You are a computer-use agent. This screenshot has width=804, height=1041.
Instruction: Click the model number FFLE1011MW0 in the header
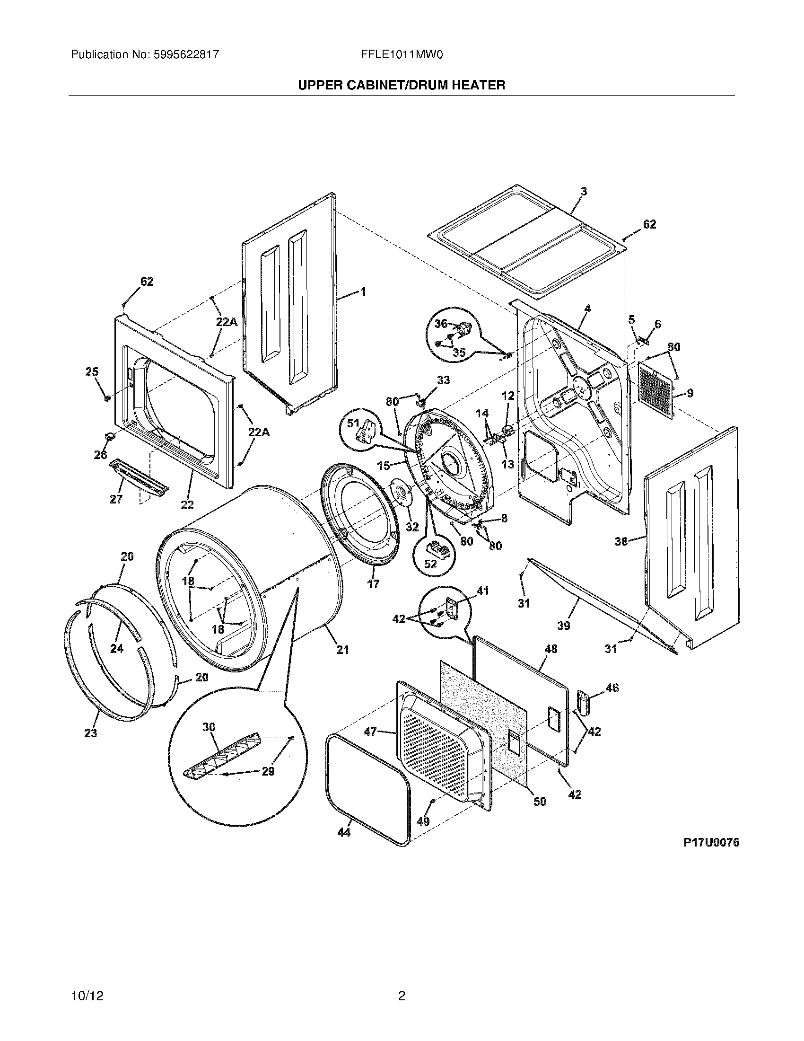pos(402,55)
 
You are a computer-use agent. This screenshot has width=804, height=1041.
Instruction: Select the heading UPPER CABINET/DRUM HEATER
pos(401,85)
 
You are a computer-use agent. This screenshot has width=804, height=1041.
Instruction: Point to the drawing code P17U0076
pos(711,843)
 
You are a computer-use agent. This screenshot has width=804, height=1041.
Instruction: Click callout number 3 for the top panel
pos(584,192)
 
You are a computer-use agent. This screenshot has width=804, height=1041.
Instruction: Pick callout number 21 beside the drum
pos(343,649)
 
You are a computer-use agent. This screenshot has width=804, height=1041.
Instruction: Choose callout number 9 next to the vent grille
pos(690,393)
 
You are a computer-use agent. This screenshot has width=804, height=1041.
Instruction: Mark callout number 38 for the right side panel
pos(621,541)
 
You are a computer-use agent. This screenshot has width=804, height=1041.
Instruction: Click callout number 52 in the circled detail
pos(430,564)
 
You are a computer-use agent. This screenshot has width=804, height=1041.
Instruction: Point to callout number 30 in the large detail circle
pos(209,727)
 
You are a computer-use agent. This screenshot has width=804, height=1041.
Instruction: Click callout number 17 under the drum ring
pos(373,583)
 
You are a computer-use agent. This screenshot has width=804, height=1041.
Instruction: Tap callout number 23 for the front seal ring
pos(90,732)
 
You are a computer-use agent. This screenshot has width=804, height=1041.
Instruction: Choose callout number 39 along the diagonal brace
pos(563,625)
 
